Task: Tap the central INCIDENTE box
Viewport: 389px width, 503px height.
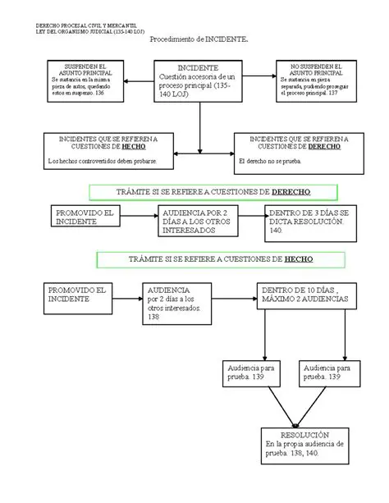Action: coord(198,82)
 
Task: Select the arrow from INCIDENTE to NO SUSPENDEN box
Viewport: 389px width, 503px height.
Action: coord(260,76)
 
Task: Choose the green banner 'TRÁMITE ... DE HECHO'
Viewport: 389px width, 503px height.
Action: coord(210,259)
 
